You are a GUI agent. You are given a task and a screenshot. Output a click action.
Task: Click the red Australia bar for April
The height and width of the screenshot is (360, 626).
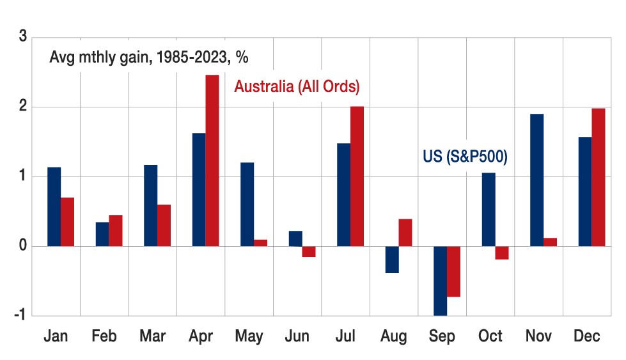212,160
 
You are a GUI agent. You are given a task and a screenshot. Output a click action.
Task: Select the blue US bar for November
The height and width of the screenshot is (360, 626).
537,180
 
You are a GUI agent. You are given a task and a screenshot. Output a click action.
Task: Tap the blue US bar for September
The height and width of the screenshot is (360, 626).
440,281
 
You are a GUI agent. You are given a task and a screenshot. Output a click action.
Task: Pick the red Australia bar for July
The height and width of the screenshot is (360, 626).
357,176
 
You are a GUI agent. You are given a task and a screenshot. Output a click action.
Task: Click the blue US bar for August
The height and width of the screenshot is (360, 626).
392,260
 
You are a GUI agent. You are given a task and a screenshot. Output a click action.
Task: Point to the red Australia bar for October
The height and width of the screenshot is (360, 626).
501,253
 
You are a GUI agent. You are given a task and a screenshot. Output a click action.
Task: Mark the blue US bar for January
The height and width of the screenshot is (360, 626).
54,207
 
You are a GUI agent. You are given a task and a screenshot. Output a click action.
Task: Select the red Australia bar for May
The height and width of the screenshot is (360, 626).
260,243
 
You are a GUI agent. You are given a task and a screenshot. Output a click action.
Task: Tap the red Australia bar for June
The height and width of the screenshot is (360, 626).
309,251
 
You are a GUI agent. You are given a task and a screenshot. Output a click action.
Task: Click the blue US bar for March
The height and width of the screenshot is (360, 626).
150,205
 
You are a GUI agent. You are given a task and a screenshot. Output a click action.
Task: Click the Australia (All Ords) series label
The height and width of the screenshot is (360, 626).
297,86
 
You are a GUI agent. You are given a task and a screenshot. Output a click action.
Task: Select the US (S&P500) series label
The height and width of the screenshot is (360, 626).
465,157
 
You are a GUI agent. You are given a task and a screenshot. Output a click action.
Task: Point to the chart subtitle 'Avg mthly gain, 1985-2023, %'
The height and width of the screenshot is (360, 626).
148,57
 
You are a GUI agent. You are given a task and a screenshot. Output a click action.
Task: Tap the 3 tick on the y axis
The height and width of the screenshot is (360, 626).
23,37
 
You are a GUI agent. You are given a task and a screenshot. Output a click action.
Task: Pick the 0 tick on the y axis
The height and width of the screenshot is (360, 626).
23,246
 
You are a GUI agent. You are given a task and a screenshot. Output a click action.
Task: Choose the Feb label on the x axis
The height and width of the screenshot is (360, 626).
104,336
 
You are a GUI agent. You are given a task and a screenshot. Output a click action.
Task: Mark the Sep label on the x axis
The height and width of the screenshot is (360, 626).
442,336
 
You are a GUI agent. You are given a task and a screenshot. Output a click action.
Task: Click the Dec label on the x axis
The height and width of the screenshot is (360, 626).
587,336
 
